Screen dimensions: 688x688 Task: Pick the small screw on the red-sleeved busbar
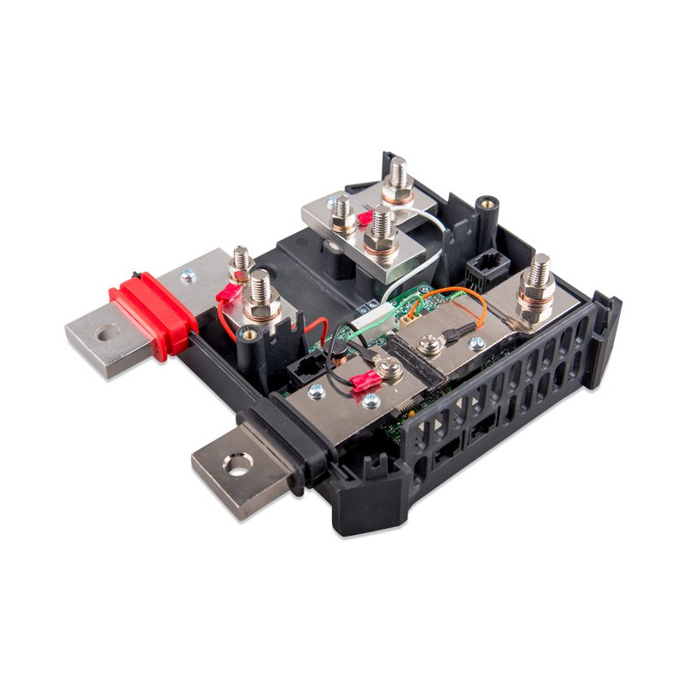click(186, 275)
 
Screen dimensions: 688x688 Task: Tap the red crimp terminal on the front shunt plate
click(363, 381)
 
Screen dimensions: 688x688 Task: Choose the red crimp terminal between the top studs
click(365, 218)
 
